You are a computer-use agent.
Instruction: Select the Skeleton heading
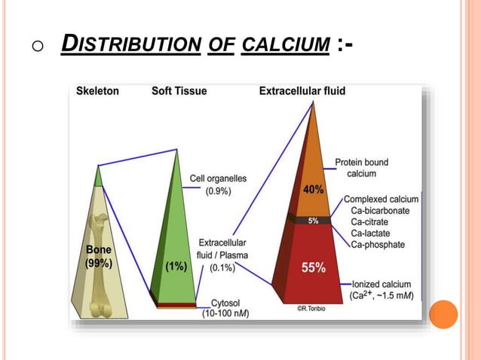[97, 91]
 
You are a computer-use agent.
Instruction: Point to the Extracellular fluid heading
[302, 91]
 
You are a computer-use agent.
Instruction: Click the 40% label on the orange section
[314, 190]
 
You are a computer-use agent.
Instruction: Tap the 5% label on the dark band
[312, 220]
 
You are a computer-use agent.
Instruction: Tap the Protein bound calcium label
[361, 168]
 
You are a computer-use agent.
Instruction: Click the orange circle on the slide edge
[443, 314]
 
